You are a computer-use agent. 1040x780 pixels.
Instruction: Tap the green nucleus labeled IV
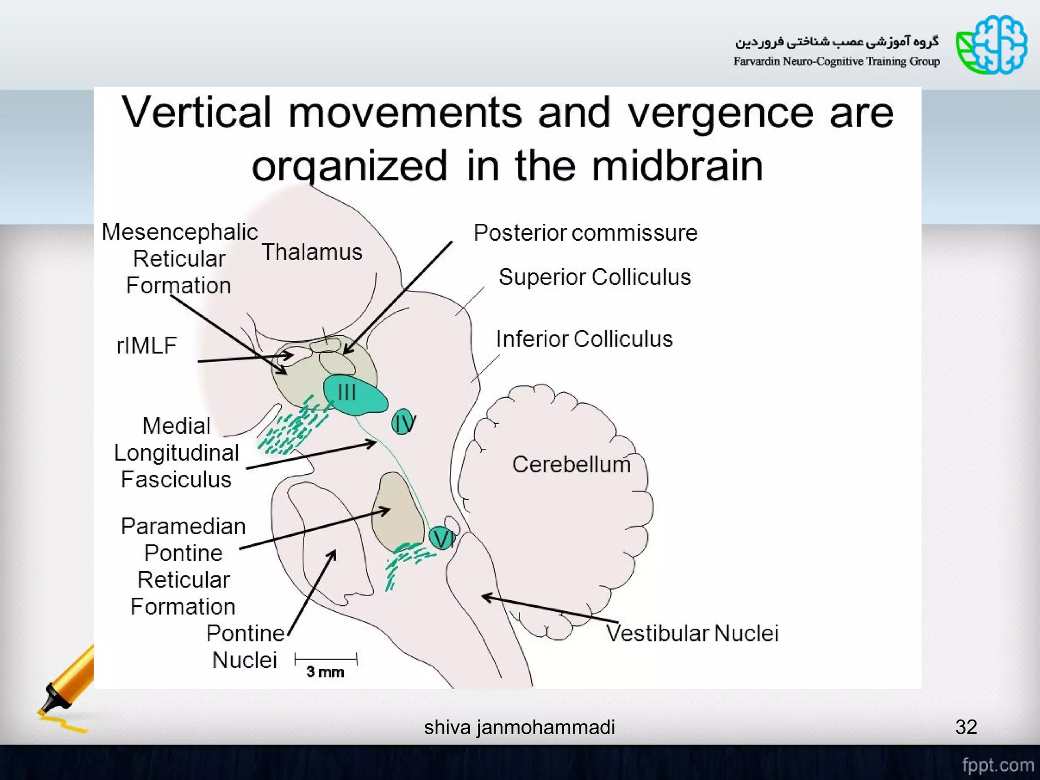[403, 422]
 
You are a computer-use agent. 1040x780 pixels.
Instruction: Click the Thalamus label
[312, 252]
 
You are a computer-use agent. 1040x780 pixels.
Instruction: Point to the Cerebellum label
[571, 465]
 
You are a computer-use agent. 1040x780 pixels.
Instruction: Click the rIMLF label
[146, 346]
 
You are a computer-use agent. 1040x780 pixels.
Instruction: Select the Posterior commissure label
[585, 233]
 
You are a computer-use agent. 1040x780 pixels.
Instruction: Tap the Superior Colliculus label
[595, 277]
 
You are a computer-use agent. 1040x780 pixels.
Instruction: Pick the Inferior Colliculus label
[584, 339]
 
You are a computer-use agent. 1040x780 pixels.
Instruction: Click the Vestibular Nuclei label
[692, 633]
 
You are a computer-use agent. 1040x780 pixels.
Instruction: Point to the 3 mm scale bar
[326, 660]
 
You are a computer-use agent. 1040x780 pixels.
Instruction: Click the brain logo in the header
[992, 45]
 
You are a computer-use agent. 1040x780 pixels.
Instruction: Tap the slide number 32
[966, 727]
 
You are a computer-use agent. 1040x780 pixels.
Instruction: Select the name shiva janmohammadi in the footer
[519, 727]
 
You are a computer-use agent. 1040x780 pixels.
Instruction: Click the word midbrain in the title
[677, 166]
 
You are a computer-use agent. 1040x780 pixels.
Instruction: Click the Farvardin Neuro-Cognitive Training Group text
[836, 61]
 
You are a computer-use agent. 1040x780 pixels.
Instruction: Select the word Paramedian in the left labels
[183, 527]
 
